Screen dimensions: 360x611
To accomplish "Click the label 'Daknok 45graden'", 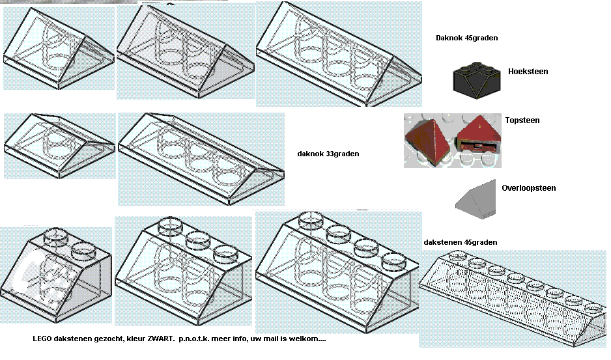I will click(466, 38).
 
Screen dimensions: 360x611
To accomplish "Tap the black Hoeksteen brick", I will click(476, 77).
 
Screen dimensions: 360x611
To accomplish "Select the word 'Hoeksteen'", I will click(528, 72).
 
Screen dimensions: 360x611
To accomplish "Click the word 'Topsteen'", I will click(522, 120).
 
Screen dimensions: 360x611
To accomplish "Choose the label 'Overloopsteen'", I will click(528, 188).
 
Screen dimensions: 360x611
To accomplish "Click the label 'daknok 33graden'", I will click(328, 154).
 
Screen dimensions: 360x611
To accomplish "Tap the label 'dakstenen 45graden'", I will click(460, 242).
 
